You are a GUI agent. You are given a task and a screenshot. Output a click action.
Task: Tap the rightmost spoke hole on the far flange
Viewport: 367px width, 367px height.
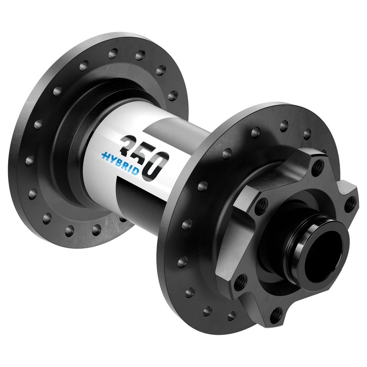click(x=173, y=95)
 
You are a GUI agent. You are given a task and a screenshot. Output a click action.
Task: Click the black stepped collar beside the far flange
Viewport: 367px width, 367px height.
click(x=82, y=135)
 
